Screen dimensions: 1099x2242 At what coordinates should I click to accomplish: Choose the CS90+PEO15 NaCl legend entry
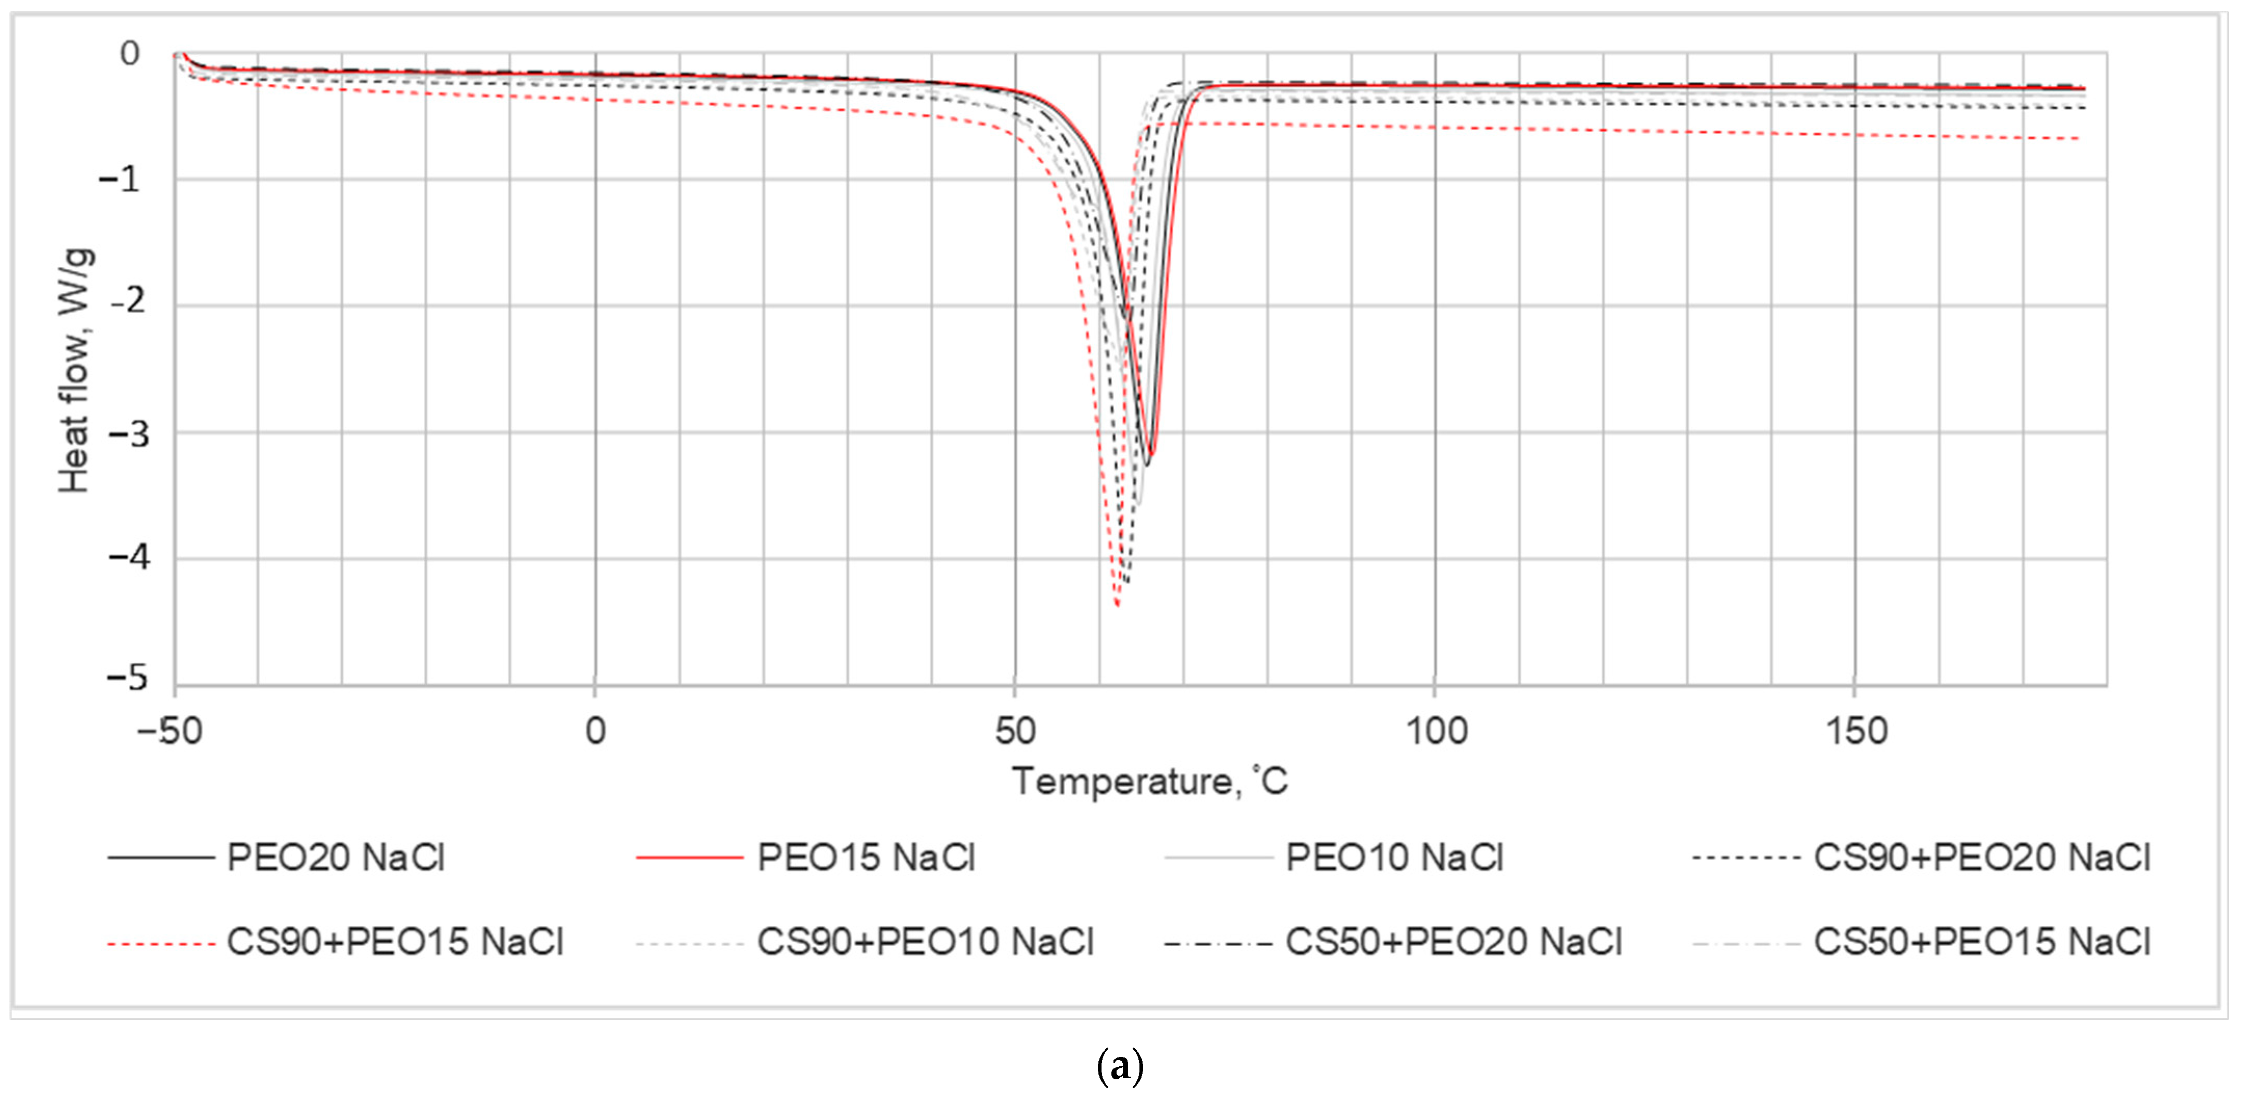point(395,942)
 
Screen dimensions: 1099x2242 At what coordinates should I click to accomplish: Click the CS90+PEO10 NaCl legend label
point(925,942)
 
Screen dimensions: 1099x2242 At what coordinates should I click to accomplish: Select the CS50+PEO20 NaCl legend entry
point(1454,942)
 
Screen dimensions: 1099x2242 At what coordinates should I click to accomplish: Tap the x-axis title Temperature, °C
point(1149,781)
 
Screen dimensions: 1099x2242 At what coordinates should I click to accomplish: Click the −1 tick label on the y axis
point(119,179)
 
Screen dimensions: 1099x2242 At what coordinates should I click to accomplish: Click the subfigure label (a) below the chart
point(1120,1066)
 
